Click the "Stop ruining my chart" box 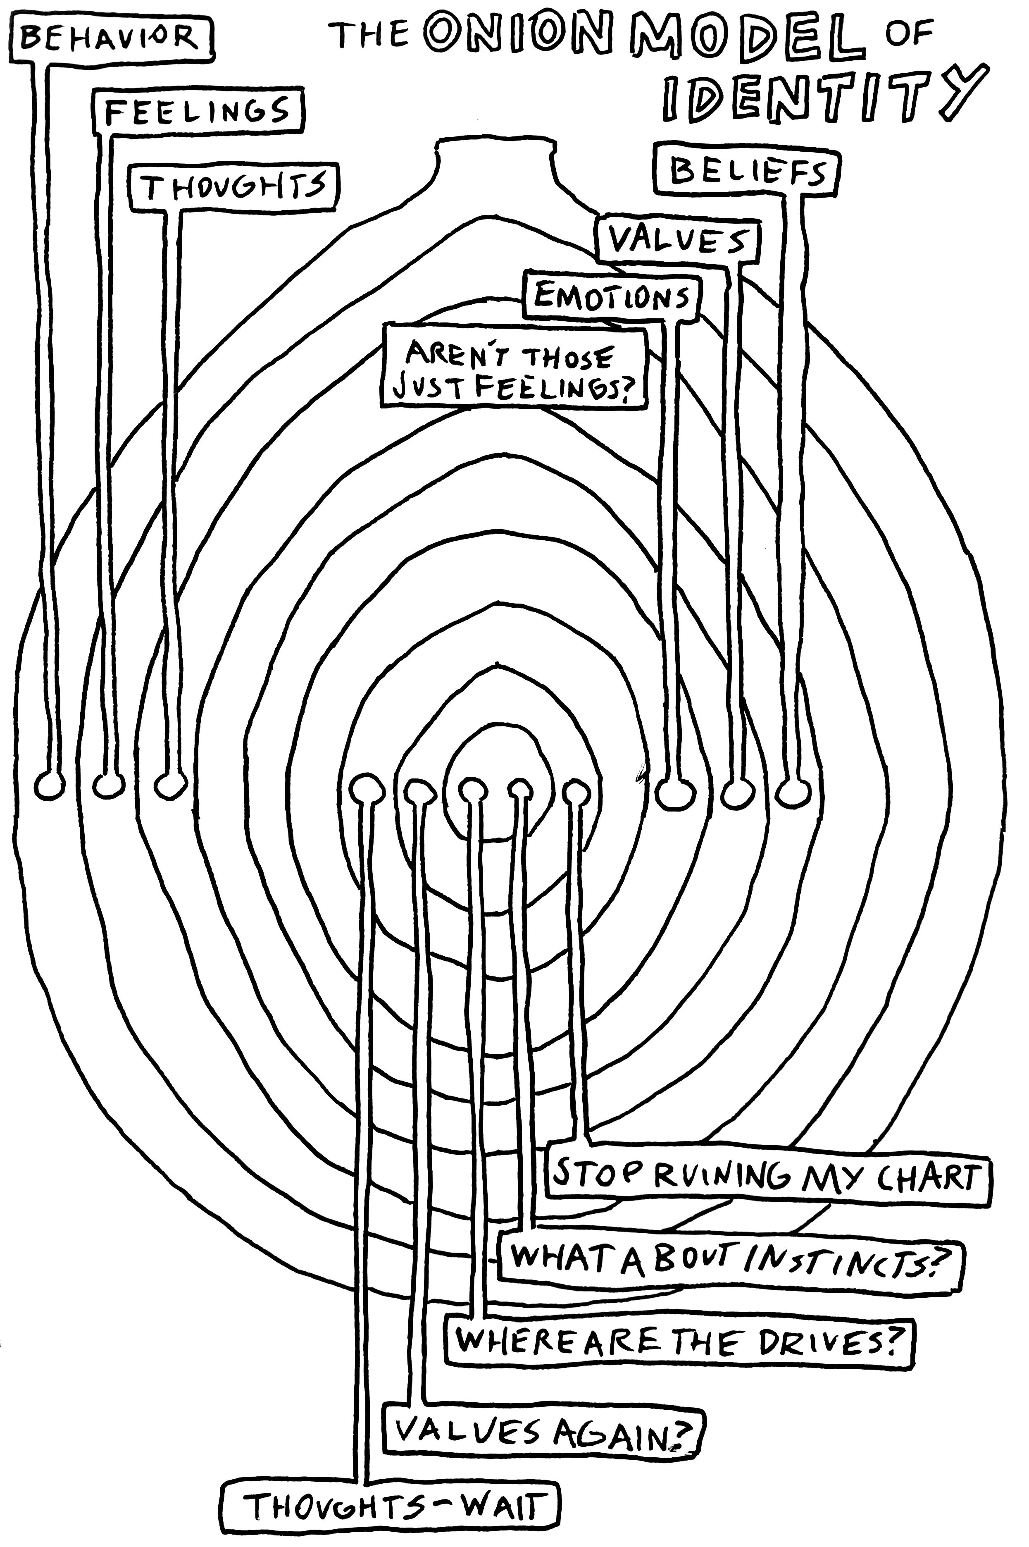pyautogui.click(x=767, y=1175)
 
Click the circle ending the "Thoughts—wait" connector pyautogui.click(x=366, y=788)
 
